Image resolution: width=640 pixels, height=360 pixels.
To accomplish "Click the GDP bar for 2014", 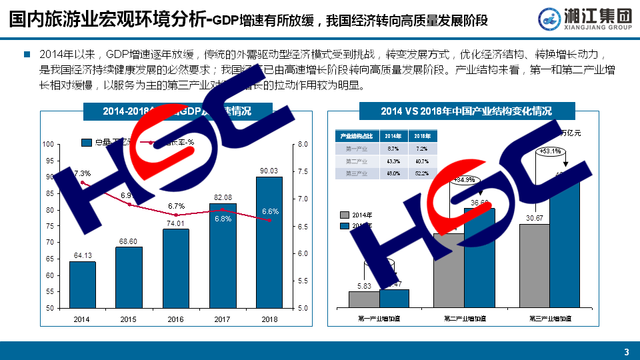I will click(83, 285).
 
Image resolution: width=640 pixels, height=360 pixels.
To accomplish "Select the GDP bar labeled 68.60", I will click(129, 277).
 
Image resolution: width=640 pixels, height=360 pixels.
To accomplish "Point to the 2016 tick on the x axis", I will click(175, 320).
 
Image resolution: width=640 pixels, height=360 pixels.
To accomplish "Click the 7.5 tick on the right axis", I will click(302, 172).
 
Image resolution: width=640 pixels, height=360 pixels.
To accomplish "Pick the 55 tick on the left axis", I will click(49, 292).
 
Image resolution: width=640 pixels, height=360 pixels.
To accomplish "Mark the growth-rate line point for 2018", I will click(269, 220).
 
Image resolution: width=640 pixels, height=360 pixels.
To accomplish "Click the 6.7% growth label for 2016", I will click(176, 206).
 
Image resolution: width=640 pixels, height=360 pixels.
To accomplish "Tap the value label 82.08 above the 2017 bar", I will click(223, 197).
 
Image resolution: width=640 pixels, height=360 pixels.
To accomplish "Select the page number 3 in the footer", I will click(626, 352).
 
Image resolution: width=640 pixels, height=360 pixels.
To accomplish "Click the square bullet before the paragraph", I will click(27, 53).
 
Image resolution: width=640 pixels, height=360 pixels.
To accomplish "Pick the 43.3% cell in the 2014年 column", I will click(393, 161).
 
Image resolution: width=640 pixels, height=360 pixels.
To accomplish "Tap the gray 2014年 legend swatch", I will click(345, 215).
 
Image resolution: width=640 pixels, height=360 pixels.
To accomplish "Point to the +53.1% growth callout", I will click(551, 151).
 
